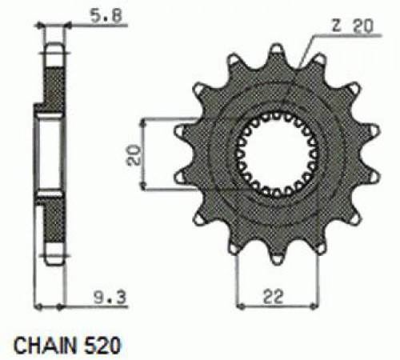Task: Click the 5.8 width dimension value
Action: pos(106,15)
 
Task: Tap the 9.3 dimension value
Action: pos(110,297)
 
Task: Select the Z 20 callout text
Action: pos(352,26)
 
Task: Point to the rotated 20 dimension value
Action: pos(134,155)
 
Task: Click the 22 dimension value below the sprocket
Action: pos(273,297)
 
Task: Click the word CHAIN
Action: pos(45,346)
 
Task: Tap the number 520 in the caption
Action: pos(102,346)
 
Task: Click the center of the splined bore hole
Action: pos(277,155)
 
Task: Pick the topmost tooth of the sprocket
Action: pos(277,54)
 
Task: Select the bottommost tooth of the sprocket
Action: pos(277,255)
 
